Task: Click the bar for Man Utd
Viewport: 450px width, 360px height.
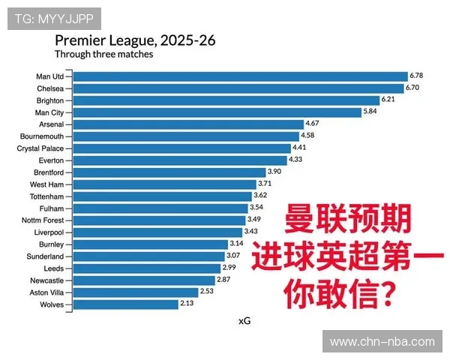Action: point(240,76)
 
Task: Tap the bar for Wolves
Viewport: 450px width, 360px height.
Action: point(125,304)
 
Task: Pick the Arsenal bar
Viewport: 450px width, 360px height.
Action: point(187,124)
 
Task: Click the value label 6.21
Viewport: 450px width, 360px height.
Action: point(388,100)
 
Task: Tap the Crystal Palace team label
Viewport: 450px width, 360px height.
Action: point(40,148)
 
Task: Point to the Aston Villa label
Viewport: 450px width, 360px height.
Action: point(47,292)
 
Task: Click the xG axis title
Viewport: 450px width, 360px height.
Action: point(244,321)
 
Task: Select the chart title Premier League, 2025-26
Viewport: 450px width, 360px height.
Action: point(135,40)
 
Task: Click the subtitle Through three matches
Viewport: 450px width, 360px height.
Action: point(103,55)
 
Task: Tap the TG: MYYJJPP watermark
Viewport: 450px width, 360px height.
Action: point(53,18)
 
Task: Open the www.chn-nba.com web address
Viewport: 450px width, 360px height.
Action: point(382,342)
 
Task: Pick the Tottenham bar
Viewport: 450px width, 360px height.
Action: point(162,196)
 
